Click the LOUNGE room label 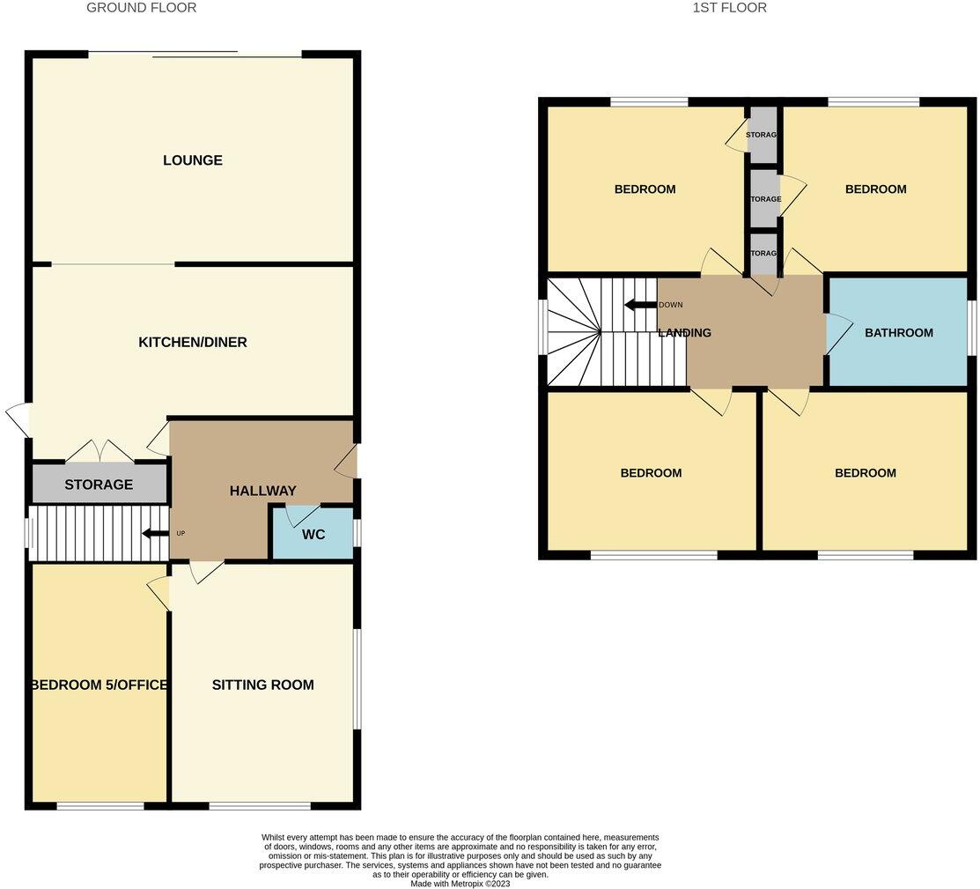(192, 160)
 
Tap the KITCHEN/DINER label (192, 342)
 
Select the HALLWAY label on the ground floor (262, 491)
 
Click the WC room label (313, 535)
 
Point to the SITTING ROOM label (262, 685)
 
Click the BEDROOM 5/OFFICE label (99, 685)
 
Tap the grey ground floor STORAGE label (98, 485)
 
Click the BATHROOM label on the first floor (898, 332)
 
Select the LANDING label (684, 333)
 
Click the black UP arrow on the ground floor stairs (155, 533)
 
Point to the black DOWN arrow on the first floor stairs (639, 305)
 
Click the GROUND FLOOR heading (141, 8)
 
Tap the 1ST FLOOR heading (729, 8)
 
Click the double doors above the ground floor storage (99, 451)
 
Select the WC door (301, 516)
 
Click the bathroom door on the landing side (836, 332)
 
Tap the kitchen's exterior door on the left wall (18, 419)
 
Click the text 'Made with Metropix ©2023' (460, 883)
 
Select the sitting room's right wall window (357, 678)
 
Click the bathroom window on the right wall (972, 329)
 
